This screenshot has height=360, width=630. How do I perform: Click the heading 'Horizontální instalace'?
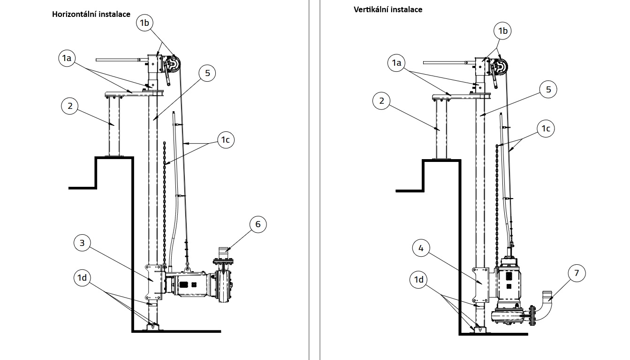pyautogui.click(x=91, y=15)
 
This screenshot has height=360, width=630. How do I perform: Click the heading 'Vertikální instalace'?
pyautogui.click(x=388, y=9)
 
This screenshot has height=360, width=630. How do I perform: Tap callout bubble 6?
pyautogui.click(x=258, y=224)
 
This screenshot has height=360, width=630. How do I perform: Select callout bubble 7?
pyautogui.click(x=577, y=273)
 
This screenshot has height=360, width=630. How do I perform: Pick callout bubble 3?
pyautogui.click(x=82, y=243)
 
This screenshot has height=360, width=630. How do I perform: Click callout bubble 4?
pyautogui.click(x=421, y=248)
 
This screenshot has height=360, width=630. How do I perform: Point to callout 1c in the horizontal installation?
pyautogui.click(x=226, y=140)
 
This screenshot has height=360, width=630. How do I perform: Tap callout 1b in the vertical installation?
pyautogui.click(x=502, y=31)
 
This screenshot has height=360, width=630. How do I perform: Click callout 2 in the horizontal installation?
pyautogui.click(x=70, y=106)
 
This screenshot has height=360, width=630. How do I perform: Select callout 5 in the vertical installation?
pyautogui.click(x=548, y=90)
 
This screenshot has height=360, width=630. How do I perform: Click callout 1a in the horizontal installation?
pyautogui.click(x=67, y=58)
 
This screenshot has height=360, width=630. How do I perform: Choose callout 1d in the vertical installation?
pyautogui.click(x=419, y=279)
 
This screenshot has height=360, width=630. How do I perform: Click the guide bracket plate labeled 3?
pyautogui.click(x=153, y=282)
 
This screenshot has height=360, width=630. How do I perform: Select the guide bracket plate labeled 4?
pyautogui.click(x=481, y=284)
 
